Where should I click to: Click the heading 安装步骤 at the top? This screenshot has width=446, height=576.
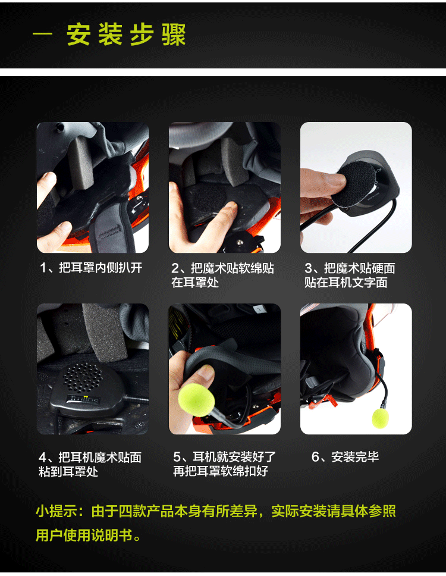[126, 35]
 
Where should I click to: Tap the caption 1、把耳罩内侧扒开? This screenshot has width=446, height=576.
[91, 268]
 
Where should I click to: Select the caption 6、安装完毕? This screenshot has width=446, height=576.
[345, 457]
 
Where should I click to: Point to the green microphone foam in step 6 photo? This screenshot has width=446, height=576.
[381, 418]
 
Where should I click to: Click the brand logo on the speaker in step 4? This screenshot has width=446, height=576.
[84, 399]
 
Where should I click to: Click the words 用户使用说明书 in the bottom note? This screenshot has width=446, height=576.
[84, 535]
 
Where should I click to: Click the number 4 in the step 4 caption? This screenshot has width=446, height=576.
[43, 458]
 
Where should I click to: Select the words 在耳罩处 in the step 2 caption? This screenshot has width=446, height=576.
[195, 283]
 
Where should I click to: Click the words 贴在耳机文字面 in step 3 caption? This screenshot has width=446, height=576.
[346, 283]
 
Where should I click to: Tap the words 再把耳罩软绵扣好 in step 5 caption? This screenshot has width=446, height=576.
[221, 471]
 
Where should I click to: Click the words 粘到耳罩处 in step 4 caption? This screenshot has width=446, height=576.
[68, 472]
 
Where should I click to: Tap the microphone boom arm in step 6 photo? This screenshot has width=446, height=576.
[384, 393]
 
